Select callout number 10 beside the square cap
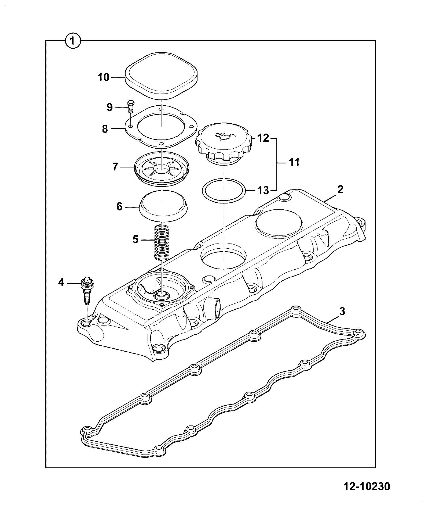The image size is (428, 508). [x=104, y=77]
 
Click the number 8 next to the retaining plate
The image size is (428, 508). [x=105, y=129]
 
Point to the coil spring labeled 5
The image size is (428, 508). [x=163, y=242]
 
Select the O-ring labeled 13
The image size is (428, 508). [x=224, y=191]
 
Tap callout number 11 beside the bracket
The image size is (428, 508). [x=294, y=162]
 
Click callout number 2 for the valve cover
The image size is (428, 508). [x=340, y=190]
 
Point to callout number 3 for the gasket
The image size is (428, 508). [x=342, y=312]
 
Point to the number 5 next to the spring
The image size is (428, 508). [x=136, y=239]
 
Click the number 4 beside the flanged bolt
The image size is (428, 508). [x=61, y=282]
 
